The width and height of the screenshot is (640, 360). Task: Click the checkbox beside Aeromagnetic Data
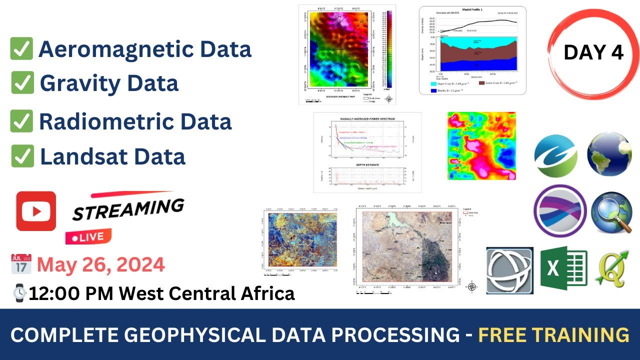tap(21, 49)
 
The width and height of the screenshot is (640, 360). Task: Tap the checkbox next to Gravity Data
tap(22, 82)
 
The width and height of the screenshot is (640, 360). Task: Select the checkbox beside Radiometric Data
tap(21, 121)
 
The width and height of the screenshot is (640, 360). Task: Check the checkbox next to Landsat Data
tap(22, 156)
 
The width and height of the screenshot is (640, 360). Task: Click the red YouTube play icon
tap(36, 211)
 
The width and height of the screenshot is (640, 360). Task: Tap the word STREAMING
tap(128, 208)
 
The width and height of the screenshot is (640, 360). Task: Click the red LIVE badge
tap(88, 236)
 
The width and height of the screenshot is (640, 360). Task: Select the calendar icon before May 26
tap(21, 264)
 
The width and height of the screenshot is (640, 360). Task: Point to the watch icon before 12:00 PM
tap(20, 292)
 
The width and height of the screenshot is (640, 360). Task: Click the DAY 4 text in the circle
tap(593, 52)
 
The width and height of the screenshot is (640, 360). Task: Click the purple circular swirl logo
tap(560, 210)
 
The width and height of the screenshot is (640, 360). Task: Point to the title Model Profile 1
tap(472, 9)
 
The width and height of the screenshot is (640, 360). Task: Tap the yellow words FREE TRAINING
tap(553, 334)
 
